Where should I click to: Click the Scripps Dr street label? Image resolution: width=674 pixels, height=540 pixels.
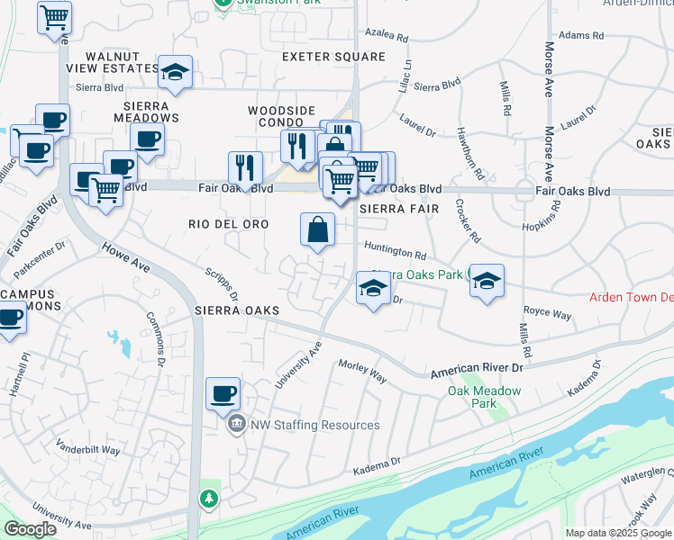tap(221, 283)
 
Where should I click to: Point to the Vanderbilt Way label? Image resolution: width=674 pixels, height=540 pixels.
tap(87, 449)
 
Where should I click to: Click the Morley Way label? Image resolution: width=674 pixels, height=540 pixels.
tap(362, 371)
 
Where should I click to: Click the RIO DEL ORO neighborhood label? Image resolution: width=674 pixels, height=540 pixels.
tap(230, 223)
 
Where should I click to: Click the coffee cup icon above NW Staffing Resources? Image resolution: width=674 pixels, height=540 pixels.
tap(223, 394)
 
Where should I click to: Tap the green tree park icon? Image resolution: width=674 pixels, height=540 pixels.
tap(208, 498)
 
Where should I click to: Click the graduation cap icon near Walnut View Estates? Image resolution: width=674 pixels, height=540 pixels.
tap(175, 74)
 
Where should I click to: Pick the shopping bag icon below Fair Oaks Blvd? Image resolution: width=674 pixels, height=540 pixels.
tap(318, 229)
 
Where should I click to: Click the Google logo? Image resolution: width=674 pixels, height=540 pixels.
tap(31, 529)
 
